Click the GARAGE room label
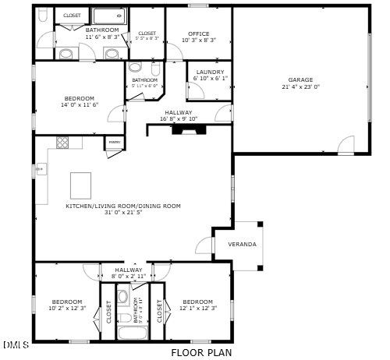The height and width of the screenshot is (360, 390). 300,79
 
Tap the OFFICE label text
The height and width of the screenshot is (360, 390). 199,34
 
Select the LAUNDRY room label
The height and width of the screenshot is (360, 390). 210,72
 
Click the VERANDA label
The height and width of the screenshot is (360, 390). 242,244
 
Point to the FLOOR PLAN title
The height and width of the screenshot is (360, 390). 201,352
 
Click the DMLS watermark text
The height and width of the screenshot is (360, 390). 16,344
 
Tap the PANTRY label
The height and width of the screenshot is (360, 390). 114,143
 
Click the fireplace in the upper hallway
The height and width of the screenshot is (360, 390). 187,130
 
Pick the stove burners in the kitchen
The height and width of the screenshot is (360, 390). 63,142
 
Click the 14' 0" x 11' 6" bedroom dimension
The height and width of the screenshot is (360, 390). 79,104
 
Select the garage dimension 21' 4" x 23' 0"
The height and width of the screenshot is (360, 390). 300,86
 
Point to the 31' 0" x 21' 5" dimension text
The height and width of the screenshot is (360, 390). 122,212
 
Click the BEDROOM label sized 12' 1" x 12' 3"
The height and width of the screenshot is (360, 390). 197,302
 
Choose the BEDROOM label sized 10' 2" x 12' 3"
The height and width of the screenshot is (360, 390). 67,302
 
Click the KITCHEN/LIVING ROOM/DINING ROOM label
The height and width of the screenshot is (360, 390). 122,206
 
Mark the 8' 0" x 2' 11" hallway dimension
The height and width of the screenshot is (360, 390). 129,276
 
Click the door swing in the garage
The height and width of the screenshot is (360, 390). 345,145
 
